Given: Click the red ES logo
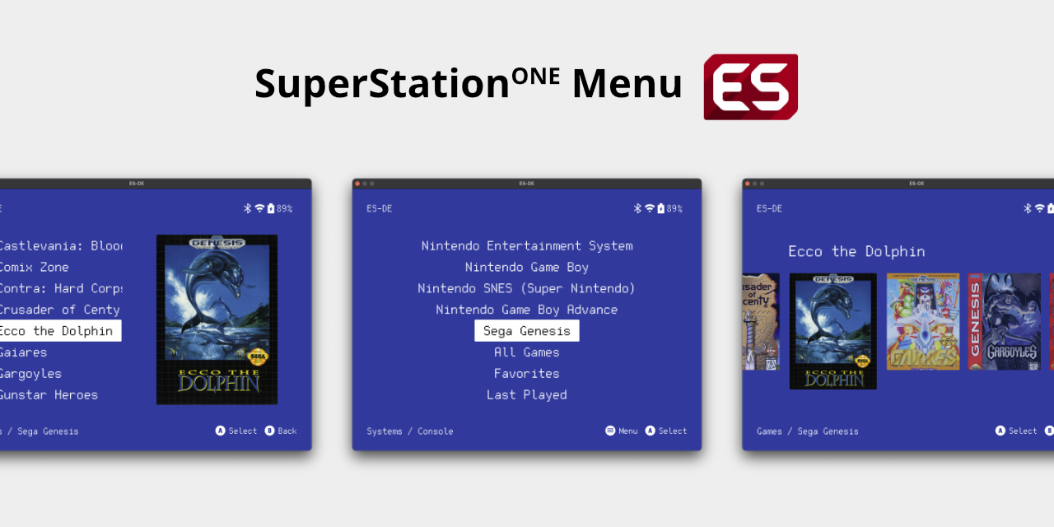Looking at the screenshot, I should (750, 86).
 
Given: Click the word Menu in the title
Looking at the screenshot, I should (627, 84).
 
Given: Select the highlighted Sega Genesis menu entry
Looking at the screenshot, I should (527, 331).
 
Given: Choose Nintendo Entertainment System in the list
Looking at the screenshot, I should (527, 245).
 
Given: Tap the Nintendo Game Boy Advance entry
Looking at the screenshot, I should (527, 310).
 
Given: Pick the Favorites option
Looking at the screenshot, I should (527, 373).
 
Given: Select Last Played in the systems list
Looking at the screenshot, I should (527, 394).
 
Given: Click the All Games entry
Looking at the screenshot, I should (527, 352).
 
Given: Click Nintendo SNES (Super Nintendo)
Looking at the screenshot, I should (527, 288).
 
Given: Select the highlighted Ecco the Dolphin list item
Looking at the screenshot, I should (58, 331).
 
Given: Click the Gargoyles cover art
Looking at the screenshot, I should (1005, 321).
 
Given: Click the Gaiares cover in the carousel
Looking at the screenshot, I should (922, 321).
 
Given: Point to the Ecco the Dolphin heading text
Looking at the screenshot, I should (856, 251).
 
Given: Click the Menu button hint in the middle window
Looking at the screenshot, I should (622, 431).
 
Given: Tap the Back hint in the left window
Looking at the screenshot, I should (281, 431).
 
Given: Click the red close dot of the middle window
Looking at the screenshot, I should (357, 184).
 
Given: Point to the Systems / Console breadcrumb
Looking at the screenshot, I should (410, 431).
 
